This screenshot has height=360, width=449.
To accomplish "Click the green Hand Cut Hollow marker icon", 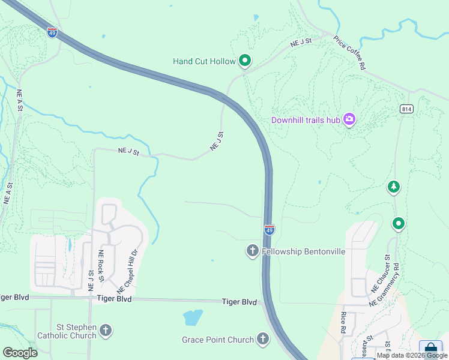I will tap(244, 61).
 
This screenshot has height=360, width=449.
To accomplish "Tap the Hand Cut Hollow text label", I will tap(204, 61).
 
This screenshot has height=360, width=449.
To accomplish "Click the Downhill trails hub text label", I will tap(306, 120).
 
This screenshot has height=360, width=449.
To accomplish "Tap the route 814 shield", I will tap(406, 109).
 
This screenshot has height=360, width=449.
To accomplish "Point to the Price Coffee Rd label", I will tap(350, 53).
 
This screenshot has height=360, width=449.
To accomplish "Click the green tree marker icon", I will tap(393, 187).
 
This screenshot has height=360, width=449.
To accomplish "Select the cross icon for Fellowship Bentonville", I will tap(253, 251).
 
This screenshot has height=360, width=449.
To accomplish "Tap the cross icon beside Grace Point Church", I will tap(262, 340).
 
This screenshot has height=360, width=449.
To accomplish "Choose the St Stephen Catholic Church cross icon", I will tap(106, 330).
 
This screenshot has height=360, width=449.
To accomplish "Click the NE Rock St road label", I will tap(102, 266).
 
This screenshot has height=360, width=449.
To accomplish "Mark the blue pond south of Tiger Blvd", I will tap(193, 317).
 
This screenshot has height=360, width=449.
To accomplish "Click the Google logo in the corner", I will tap(20, 352).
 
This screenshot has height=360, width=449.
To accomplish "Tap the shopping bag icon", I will tap(430, 349).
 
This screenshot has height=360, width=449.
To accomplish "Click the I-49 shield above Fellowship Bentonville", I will tap(270, 230).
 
